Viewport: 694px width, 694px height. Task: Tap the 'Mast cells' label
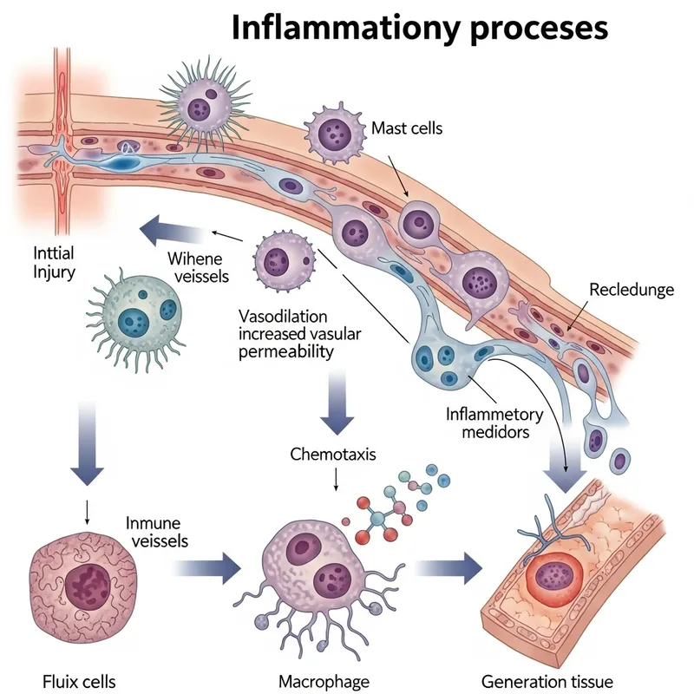click(407, 128)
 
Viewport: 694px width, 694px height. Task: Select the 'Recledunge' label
click(631, 289)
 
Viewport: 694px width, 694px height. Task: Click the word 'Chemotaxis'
click(333, 454)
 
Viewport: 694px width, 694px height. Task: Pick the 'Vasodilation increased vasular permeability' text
click(290, 333)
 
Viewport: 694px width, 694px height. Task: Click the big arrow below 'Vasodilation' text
click(337, 406)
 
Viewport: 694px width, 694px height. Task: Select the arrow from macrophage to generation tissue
click(448, 569)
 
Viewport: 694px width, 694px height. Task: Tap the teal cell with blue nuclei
click(135, 311)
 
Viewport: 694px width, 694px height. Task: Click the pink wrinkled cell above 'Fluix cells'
click(83, 578)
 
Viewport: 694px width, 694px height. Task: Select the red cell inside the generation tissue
click(553, 578)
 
